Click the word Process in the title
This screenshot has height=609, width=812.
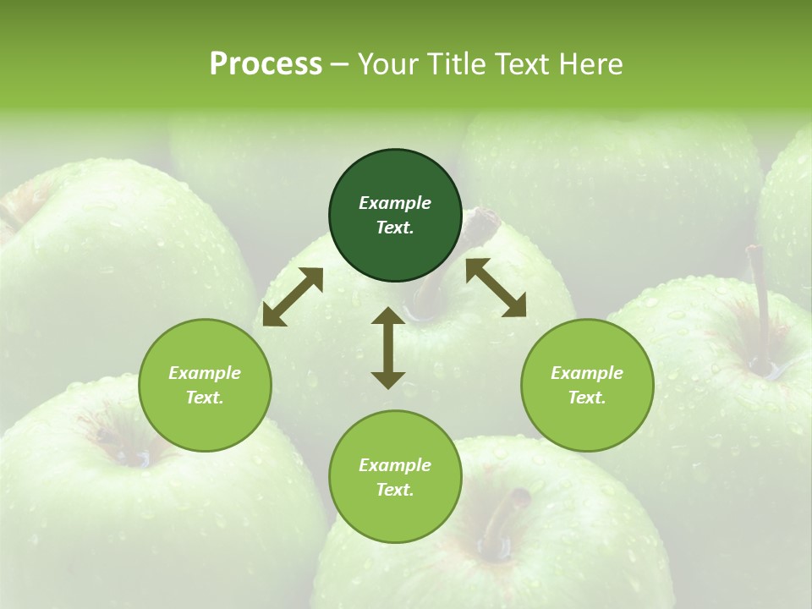266,64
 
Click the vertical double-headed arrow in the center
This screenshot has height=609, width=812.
388,348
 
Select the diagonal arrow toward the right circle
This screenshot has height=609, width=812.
496,288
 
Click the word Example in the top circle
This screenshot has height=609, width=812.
395,203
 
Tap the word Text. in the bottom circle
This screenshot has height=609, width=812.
395,490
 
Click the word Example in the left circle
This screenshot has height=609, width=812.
205,373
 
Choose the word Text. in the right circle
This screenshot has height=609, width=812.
587,398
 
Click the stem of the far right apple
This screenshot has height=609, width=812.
760,304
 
